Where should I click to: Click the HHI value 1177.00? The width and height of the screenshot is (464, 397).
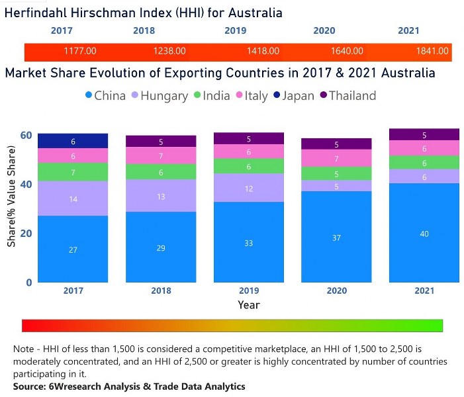click(x=80, y=51)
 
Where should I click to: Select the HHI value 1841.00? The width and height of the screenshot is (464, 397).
click(x=433, y=51)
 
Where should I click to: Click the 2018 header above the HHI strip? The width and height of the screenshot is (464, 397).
click(x=144, y=30)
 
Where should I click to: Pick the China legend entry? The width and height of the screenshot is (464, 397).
click(x=104, y=96)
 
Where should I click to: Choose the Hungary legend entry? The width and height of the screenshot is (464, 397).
click(x=159, y=96)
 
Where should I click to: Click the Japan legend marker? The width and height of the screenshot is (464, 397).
click(x=277, y=96)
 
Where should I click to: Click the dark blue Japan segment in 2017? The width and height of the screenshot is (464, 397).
click(x=73, y=141)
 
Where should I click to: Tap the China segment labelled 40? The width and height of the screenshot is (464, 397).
click(x=424, y=232)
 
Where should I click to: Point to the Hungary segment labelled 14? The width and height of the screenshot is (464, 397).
click(x=73, y=198)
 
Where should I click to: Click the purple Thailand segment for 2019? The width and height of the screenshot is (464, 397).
click(x=249, y=139)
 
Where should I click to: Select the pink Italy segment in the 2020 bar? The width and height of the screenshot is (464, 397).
click(x=337, y=159)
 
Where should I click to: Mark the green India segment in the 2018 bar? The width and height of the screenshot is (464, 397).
click(x=161, y=171)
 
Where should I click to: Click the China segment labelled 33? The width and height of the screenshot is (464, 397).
click(x=249, y=242)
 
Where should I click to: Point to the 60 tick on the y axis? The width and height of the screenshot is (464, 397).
click(x=26, y=135)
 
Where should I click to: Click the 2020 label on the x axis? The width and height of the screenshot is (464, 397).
click(x=337, y=290)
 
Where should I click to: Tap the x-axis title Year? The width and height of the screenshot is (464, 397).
click(x=249, y=305)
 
